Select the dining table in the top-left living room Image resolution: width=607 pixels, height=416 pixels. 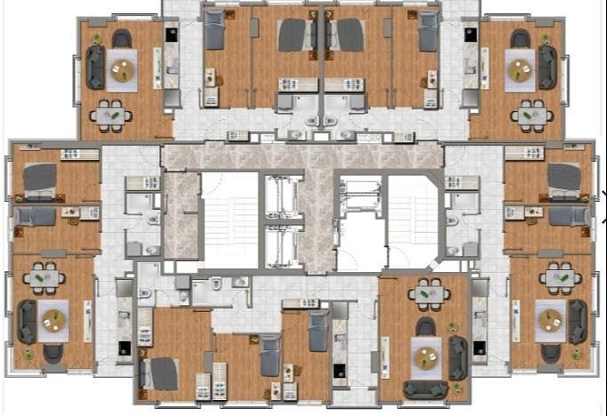(110, 115)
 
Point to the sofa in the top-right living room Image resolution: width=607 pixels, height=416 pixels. (547, 68)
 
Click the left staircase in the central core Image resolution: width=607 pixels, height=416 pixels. (229, 219)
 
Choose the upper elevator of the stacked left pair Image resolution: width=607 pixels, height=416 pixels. (284, 196)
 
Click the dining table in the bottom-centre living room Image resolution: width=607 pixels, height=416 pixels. (428, 292)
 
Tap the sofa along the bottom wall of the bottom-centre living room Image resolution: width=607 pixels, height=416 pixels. (426, 389)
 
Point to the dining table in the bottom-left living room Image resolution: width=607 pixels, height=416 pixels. (44, 279)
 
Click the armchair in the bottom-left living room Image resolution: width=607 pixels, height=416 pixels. (53, 353)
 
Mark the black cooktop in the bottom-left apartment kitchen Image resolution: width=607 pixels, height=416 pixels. (124, 348)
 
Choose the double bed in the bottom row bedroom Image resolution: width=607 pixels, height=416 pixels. (164, 373)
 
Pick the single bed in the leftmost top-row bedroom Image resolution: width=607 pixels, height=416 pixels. (215, 33)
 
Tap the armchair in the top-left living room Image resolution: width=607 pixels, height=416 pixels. (121, 39)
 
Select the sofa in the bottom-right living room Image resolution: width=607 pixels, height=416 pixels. (578, 321)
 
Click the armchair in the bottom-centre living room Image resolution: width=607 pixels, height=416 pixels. (427, 327)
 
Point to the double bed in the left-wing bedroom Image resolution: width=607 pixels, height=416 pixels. (39, 179)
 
